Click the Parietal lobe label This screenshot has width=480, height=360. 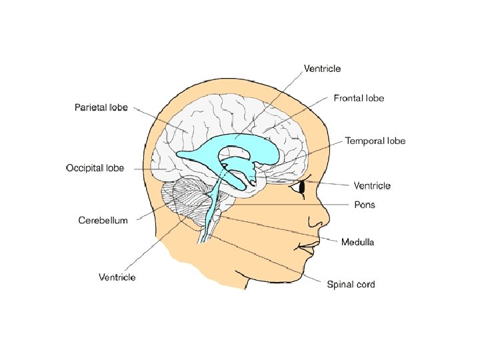[x=101, y=107]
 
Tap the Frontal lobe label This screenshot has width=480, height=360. [x=359, y=98]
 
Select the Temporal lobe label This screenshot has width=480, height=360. [x=375, y=141]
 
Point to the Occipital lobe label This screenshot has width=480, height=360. [x=95, y=168]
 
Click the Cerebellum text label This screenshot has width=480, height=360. [x=103, y=220]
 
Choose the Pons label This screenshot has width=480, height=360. [x=364, y=205]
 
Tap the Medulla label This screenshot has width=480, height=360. [x=357, y=242]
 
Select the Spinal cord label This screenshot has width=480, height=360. [x=351, y=285]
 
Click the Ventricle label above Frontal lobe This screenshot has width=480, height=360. [x=323, y=68]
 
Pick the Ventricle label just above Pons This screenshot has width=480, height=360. [x=371, y=185]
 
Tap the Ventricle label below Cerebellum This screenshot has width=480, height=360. [x=117, y=277]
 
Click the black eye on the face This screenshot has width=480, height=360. [x=301, y=189]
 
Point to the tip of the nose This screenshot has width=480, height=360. [x=327, y=221]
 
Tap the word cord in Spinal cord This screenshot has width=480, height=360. [x=363, y=285]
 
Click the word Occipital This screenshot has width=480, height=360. [x=85, y=168]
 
